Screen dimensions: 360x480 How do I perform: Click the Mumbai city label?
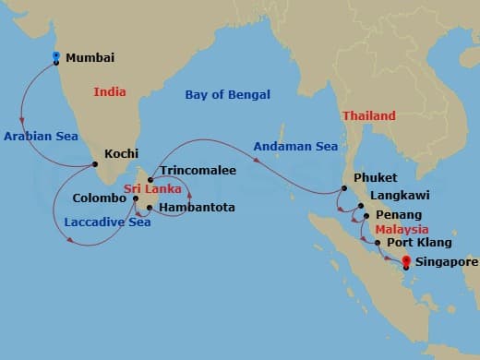pyautogui.click(x=90, y=57)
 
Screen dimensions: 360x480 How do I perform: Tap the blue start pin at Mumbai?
pyautogui.click(x=56, y=57)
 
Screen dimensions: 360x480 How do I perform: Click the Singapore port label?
pyautogui.click(x=447, y=262)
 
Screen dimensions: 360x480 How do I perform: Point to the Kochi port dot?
pyautogui.click(x=94, y=166)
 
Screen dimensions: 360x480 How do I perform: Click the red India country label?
pyautogui.click(x=109, y=91)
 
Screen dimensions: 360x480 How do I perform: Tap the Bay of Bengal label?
pyautogui.click(x=227, y=94)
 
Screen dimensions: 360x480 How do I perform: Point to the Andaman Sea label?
pyautogui.click(x=296, y=145)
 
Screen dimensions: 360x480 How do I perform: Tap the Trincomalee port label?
pyautogui.click(x=198, y=171)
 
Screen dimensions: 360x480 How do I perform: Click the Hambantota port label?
pyautogui.click(x=197, y=208)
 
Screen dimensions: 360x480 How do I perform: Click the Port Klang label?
pyautogui.click(x=419, y=243)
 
